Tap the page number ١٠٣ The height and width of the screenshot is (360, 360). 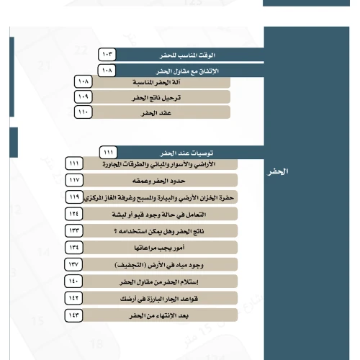point(107,55)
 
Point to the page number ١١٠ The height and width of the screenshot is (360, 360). point(84,113)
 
